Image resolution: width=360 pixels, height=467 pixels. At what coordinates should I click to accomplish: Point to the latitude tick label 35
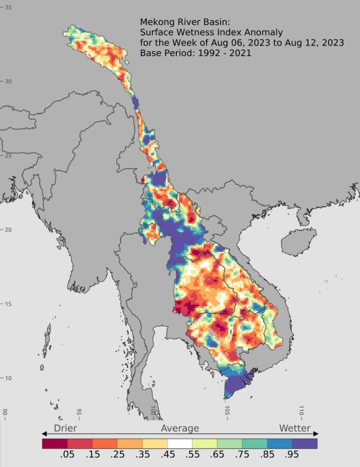pos(8,8)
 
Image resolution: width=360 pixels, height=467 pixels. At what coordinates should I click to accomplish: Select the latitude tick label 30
pos(8,81)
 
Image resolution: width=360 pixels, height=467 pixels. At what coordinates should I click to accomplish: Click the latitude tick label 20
pos(8,230)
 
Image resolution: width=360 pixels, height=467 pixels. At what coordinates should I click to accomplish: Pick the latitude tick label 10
pos(8,378)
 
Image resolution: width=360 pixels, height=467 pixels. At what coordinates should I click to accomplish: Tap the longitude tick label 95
pos(79,413)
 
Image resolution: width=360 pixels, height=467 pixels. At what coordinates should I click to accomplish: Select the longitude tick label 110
pos(301,413)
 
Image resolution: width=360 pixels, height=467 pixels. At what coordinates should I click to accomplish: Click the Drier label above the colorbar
pos(65,428)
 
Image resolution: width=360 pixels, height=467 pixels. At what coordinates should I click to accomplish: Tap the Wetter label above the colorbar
pos(295,428)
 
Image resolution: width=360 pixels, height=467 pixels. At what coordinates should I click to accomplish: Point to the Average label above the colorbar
pos(180,428)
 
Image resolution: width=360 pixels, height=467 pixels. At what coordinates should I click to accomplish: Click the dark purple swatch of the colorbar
pos(305,443)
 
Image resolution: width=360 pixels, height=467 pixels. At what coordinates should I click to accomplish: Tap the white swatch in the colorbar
pos(180,443)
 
